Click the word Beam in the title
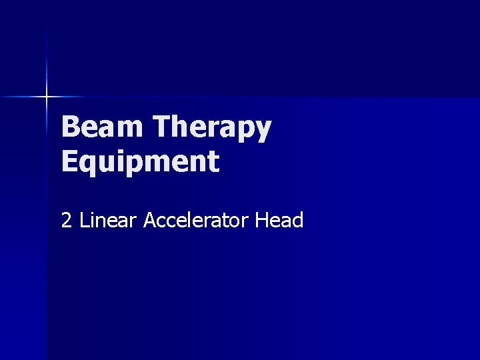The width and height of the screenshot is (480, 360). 103,127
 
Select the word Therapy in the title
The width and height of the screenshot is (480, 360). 212,127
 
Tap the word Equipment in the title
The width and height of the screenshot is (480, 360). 140,162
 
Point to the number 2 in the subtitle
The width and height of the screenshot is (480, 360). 67,220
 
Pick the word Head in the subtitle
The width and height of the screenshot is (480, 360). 279,220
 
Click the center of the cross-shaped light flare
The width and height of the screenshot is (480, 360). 47,97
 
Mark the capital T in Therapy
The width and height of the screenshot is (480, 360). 162,127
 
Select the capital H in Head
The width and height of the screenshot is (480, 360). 261,220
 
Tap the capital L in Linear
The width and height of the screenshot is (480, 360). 84,220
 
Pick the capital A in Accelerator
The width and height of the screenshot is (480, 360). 150,220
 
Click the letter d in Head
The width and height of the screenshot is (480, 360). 297,220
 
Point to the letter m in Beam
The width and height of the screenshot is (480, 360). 129,129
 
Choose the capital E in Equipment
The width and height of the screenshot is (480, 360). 69,162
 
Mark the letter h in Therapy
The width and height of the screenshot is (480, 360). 182,127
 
